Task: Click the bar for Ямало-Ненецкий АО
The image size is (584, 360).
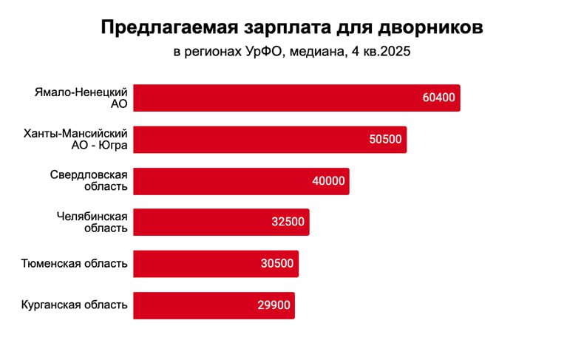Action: pos(296,98)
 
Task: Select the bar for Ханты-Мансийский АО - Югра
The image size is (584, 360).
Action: pos(270,139)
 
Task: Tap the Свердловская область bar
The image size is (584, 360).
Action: pos(241,180)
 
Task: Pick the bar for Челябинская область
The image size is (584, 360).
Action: pos(221,222)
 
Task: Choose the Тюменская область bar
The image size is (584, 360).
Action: pos(216,263)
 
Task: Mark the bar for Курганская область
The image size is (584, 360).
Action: pos(214,305)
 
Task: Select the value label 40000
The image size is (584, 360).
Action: pos(328,180)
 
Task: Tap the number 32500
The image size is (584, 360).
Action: pos(288,222)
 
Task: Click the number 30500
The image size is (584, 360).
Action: pos(277,263)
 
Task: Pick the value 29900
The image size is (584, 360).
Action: pos(274,305)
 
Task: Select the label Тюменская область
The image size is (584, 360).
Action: pos(74,263)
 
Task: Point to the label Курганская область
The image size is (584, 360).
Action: pos(74,305)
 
